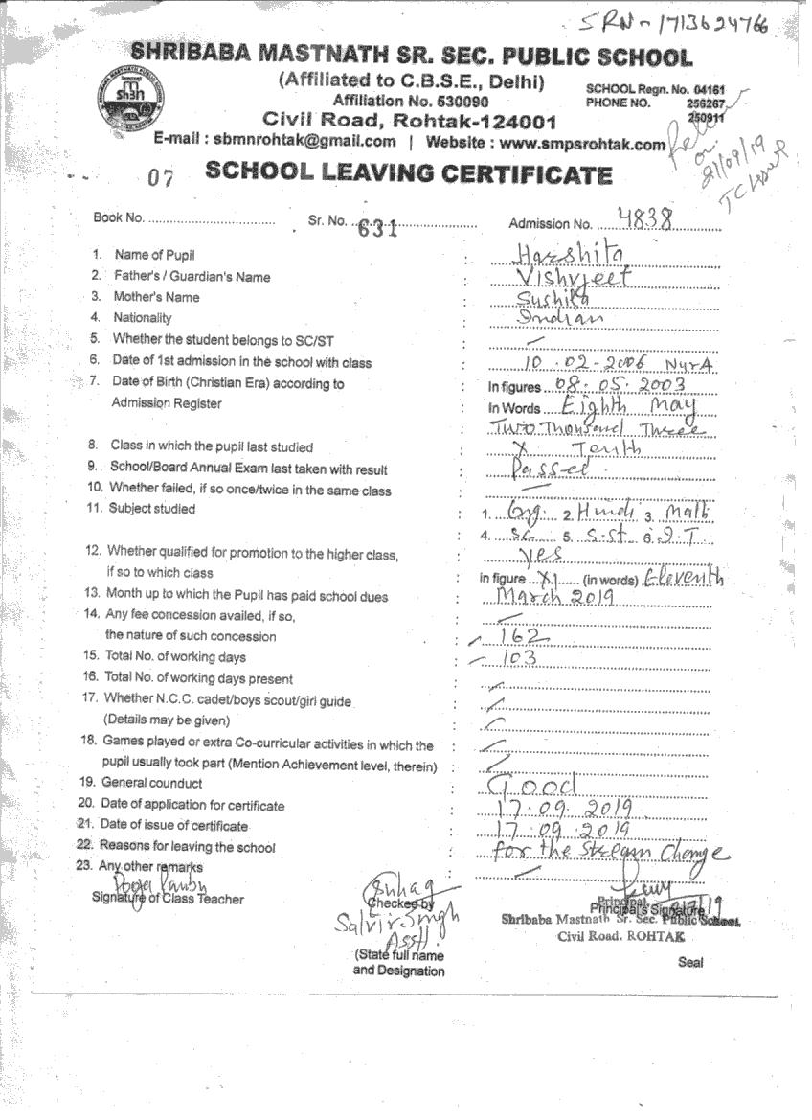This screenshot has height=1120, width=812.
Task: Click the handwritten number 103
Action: click(518, 658)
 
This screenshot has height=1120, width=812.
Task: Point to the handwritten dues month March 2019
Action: click(554, 597)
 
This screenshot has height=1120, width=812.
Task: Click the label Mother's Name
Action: click(156, 297)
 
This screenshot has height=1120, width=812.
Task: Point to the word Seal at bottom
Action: click(690, 962)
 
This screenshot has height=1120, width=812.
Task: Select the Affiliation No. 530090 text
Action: click(410, 101)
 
